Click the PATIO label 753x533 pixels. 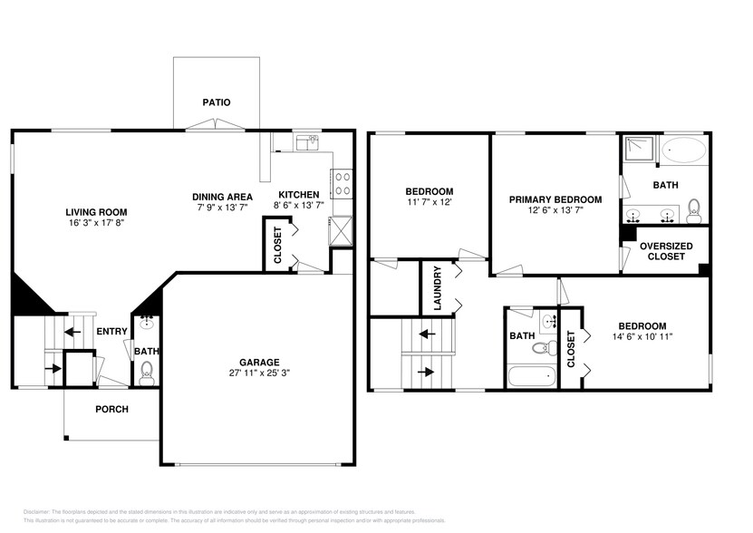216,102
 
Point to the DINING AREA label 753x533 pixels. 222,196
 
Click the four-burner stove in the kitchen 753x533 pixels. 343,184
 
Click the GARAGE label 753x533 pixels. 259,362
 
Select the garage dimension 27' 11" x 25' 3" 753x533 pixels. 259,373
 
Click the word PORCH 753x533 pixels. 112,409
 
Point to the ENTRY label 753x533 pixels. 111,332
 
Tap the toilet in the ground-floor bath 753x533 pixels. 147,371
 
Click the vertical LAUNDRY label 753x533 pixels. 438,288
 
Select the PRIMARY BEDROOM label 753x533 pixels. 555,199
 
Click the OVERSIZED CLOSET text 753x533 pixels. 666,251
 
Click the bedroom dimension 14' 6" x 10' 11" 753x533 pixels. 642,337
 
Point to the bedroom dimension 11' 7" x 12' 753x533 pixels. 429,202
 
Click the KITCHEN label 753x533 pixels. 298,196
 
